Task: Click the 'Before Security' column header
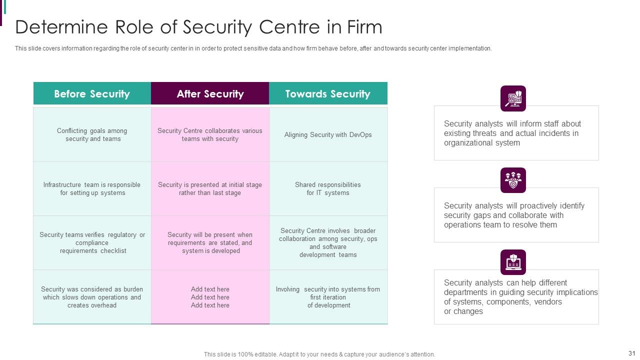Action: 92,93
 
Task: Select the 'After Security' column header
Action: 210,93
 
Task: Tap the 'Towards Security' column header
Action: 328,93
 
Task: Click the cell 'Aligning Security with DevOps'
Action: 328,134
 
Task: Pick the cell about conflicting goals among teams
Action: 92,134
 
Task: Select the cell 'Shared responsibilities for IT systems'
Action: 328,188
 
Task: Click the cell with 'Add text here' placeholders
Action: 210,297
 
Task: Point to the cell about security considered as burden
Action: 92,297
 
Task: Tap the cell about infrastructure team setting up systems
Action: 92,188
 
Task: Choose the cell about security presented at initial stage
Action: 210,188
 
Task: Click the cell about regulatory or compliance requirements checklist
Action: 92,242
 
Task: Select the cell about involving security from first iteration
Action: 328,297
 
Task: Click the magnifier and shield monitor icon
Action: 513,98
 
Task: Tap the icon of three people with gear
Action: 513,180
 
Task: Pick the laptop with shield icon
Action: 513,262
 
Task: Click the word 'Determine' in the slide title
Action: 61,27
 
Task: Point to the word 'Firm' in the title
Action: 364,27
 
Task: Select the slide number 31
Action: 631,353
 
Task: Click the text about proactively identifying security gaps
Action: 514,215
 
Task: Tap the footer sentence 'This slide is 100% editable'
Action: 319,354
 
